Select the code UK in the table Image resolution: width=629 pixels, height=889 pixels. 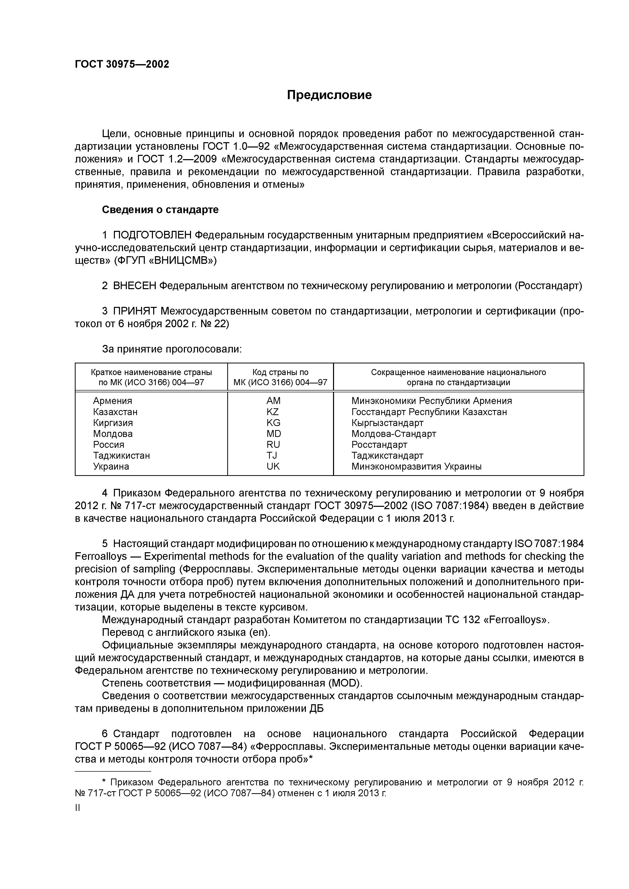[x=273, y=466]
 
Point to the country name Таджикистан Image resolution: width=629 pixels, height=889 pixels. [x=121, y=455]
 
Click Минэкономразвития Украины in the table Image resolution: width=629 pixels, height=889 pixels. [x=416, y=466]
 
